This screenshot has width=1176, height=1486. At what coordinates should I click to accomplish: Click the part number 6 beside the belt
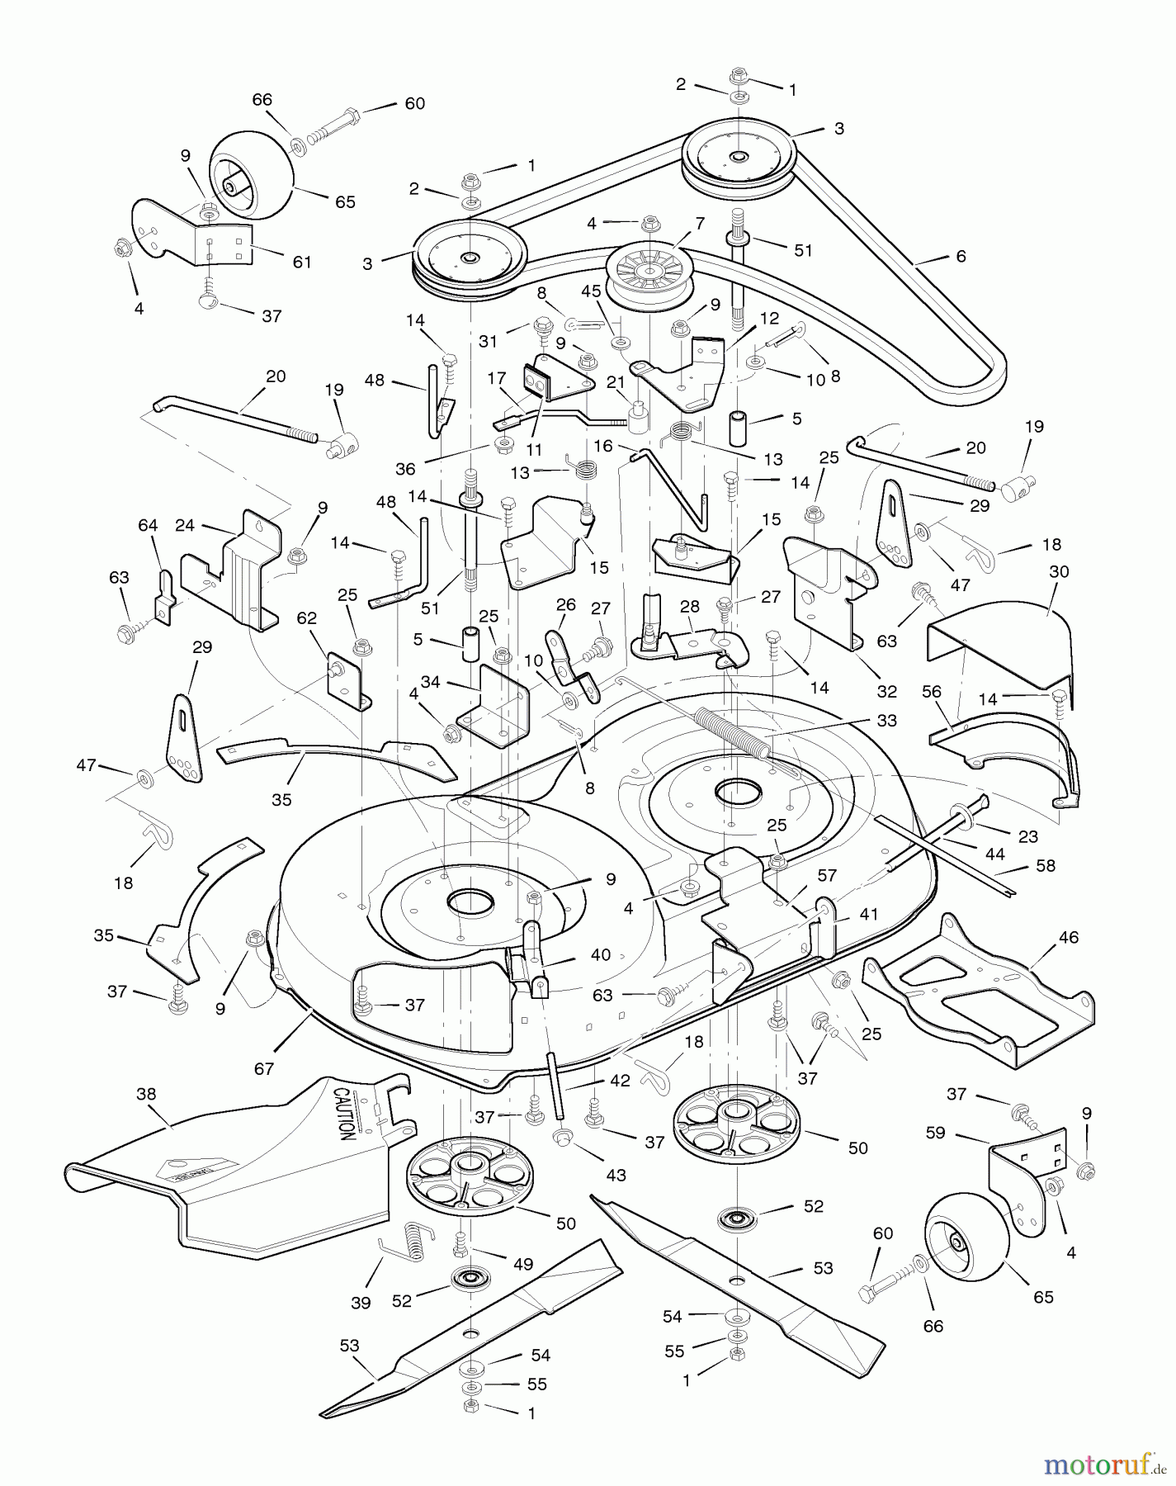point(961,256)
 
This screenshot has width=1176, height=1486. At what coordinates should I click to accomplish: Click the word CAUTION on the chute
point(343,1114)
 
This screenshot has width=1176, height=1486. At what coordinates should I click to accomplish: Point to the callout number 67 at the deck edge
point(264,1068)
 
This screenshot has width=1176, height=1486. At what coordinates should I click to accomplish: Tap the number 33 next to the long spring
point(886,720)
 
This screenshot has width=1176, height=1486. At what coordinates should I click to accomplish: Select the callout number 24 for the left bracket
point(185,524)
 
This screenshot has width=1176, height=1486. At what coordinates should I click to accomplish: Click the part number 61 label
point(302,262)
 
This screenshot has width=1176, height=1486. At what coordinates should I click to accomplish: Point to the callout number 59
point(935,1133)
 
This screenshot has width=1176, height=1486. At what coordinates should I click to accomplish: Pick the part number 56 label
point(932,692)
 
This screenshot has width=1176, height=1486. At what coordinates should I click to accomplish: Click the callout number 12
point(769,318)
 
